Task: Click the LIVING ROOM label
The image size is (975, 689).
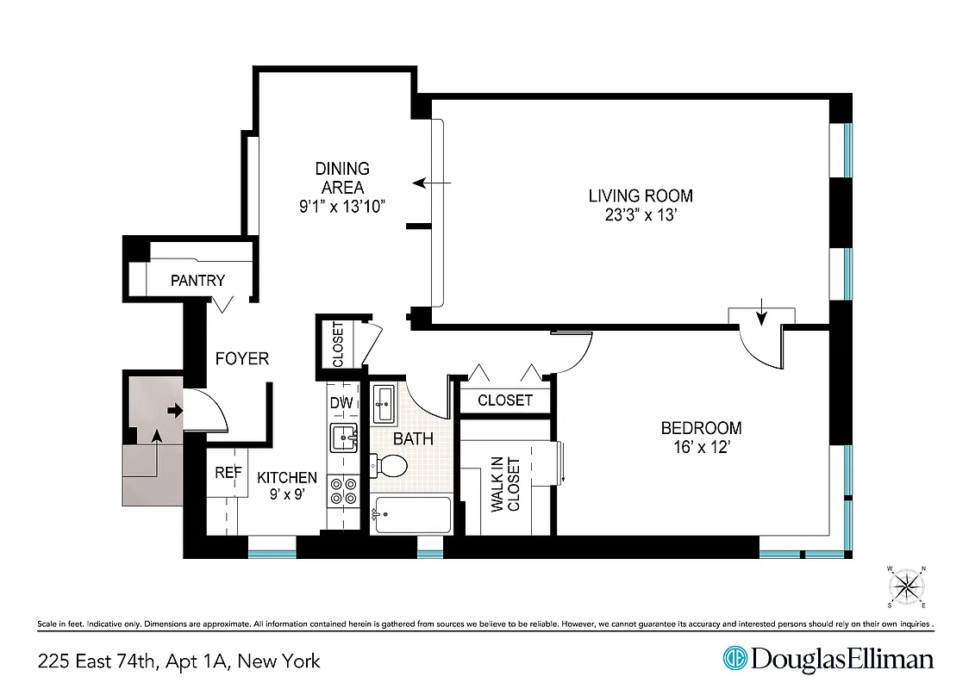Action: point(640,196)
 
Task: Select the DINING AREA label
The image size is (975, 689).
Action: point(342,177)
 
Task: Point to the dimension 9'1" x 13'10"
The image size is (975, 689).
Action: point(342,206)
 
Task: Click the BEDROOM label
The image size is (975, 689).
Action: point(701,428)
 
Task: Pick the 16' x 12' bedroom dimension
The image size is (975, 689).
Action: point(701,448)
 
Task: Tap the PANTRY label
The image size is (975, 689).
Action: point(197,280)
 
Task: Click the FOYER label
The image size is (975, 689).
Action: point(242,358)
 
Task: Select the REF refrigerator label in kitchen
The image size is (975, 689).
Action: point(228,472)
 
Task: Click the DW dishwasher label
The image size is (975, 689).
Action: point(341,402)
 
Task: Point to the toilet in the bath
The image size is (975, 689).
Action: point(389,466)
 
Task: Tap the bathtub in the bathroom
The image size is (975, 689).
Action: point(413,515)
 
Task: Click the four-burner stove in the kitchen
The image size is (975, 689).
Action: point(345,491)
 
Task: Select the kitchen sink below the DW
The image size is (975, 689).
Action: point(345,437)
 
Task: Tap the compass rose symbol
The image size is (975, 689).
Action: point(906,587)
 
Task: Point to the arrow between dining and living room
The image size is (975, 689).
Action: point(432,183)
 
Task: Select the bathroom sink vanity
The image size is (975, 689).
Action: point(385,404)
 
